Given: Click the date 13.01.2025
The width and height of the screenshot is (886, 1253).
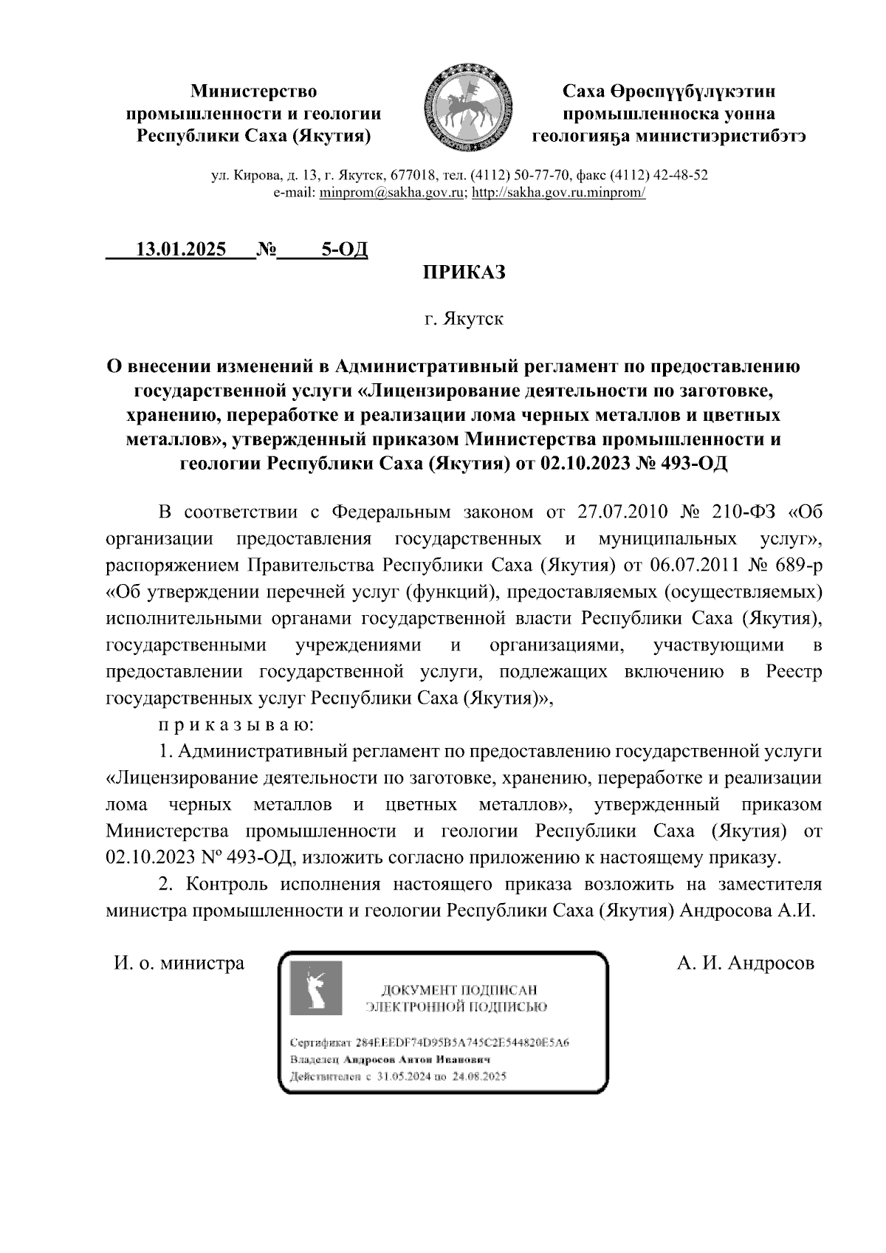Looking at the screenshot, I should (x=182, y=250).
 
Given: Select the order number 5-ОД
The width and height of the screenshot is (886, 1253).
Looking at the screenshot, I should (x=343, y=250).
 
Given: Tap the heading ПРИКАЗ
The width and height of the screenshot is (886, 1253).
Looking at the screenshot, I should (x=464, y=272).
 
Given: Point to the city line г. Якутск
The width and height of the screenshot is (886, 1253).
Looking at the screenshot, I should (x=464, y=320).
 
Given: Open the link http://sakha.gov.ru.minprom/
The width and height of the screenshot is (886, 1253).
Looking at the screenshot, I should (x=559, y=193).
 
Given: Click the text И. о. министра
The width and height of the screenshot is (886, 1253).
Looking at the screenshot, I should (x=179, y=963).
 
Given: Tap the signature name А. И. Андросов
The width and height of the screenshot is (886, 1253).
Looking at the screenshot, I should (x=746, y=963).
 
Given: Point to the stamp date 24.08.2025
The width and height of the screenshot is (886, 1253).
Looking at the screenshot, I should (x=479, y=1077).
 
